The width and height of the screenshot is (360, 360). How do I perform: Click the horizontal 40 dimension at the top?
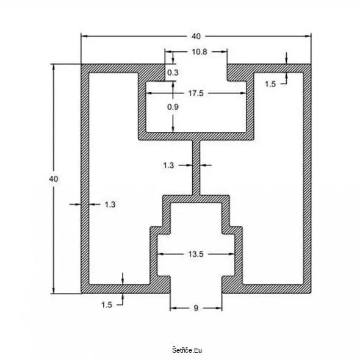(196, 36)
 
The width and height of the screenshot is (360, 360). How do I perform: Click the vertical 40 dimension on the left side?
(54, 179)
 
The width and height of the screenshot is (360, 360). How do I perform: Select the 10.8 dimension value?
(200, 52)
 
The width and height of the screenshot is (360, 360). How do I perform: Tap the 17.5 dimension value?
(196, 93)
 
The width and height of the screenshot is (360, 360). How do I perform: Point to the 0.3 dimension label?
(173, 73)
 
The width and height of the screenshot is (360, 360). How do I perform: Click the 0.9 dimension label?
(173, 107)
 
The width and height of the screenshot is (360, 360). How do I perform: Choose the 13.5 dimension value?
(196, 254)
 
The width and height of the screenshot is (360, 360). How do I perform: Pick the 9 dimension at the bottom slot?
(196, 308)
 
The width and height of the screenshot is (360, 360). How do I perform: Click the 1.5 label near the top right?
(270, 84)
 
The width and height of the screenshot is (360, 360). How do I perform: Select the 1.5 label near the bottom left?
(107, 305)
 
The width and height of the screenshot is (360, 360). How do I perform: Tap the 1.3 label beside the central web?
(168, 165)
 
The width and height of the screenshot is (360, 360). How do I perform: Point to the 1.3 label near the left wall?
(110, 204)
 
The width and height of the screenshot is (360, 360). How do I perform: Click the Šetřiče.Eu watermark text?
(187, 350)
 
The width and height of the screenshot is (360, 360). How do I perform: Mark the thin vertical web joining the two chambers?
(196, 167)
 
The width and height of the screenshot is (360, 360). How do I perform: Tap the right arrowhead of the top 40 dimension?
(308, 36)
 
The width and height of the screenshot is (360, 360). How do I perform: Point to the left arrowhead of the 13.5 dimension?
(160, 254)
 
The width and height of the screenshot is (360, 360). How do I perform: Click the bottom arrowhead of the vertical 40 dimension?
(54, 290)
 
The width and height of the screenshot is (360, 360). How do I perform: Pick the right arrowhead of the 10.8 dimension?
(225, 52)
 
